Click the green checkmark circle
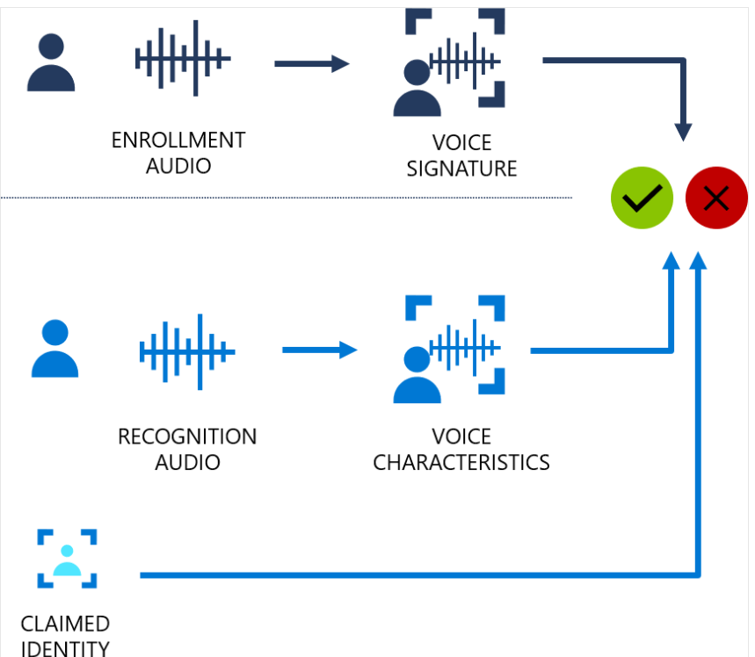642,198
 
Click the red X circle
716,198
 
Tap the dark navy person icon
51,62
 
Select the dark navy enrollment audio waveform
183,58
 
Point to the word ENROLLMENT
178,140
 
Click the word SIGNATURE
461,169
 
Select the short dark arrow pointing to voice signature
312,63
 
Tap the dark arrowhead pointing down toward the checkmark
683,132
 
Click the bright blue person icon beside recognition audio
54,348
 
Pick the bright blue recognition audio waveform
187,352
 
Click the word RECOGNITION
187,437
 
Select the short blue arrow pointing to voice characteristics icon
320,350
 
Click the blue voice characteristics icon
449,350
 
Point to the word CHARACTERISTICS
461,463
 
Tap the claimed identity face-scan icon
67,559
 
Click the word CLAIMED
65,624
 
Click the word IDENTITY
65,648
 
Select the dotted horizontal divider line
287,198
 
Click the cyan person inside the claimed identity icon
67,560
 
